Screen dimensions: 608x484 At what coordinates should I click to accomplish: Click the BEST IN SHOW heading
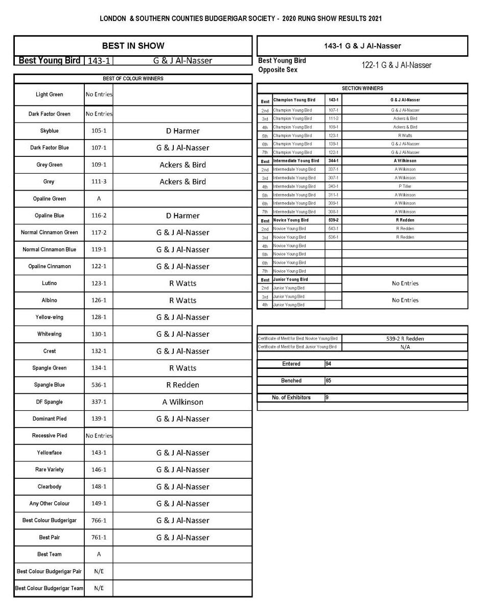[x=133, y=45]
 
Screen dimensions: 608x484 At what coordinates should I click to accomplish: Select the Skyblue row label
[x=49, y=131]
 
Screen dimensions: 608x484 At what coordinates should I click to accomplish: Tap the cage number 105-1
[x=99, y=131]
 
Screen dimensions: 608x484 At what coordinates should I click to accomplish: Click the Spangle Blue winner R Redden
[x=182, y=385]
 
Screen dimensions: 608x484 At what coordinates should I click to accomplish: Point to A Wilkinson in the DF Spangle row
[x=182, y=402]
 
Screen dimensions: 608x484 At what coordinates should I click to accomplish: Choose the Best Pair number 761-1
[x=99, y=537]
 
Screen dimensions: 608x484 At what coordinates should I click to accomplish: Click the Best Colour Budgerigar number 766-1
[x=99, y=521]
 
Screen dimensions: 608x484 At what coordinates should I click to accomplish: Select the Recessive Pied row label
[x=49, y=436]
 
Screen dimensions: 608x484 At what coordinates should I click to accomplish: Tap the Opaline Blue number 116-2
[x=99, y=216]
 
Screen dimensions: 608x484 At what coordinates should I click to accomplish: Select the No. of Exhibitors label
[x=291, y=397]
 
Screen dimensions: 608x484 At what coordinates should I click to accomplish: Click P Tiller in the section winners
[x=405, y=186]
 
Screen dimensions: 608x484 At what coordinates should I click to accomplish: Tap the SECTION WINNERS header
[x=362, y=88]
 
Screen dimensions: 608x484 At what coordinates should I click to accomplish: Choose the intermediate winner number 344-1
[x=333, y=161]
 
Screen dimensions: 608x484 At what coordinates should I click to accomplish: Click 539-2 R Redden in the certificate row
[x=405, y=339]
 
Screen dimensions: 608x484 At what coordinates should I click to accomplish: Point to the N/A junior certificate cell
[x=405, y=347]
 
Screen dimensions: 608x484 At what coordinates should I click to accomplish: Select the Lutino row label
[x=49, y=284]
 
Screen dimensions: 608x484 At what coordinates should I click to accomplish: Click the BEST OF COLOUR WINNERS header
[x=133, y=79]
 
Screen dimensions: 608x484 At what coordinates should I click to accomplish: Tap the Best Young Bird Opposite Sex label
[x=282, y=65]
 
